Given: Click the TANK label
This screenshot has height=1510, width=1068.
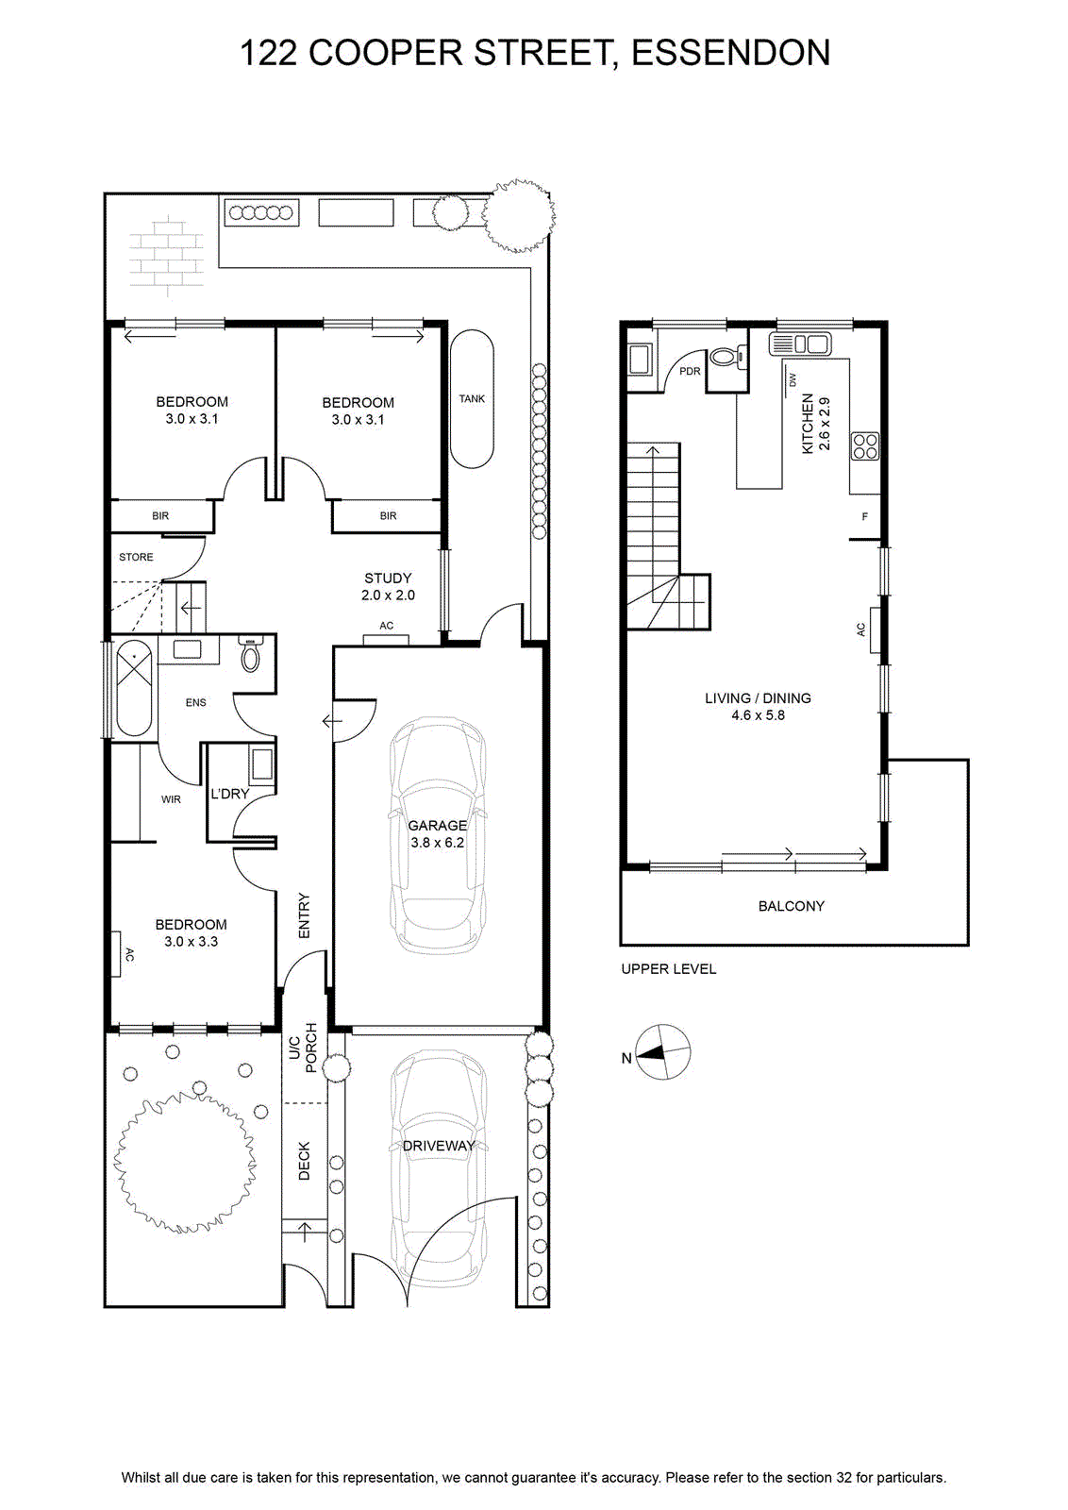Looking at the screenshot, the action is pos(472,398).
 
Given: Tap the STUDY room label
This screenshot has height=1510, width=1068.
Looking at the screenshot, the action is pos(388,578).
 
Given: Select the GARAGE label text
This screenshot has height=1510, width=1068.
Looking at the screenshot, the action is pos(438,825).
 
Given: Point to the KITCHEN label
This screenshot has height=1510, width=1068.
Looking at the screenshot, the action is pos(808,424).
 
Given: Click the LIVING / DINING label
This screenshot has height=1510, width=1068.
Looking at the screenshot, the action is pos(758,698).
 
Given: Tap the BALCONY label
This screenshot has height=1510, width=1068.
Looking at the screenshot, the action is pos(791,906).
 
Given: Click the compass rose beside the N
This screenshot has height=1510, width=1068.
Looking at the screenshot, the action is pos(663,1052).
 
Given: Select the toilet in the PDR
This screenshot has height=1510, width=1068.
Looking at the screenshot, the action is pos(727,357).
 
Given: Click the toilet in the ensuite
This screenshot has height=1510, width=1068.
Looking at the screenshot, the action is pos(250,655).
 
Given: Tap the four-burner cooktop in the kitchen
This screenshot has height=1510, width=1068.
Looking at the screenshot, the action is pos(865,445).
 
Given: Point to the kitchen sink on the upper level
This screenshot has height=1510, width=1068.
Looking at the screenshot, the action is pos(800,344).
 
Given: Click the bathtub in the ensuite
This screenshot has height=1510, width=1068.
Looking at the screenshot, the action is pos(134,688).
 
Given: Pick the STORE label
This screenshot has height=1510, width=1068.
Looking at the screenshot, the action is pos(136,557).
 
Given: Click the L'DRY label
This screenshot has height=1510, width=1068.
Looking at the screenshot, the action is pos(230,794).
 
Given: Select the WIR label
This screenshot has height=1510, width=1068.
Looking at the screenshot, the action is pos(171,799).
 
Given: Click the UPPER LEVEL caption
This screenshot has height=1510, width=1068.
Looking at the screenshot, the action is pos(668,968).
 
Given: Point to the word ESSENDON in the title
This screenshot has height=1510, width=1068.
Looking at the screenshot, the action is pos(730,53).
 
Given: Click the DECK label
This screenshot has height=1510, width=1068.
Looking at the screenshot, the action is pos(304,1161).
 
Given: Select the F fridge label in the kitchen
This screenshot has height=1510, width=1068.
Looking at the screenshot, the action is pos(864,516).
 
